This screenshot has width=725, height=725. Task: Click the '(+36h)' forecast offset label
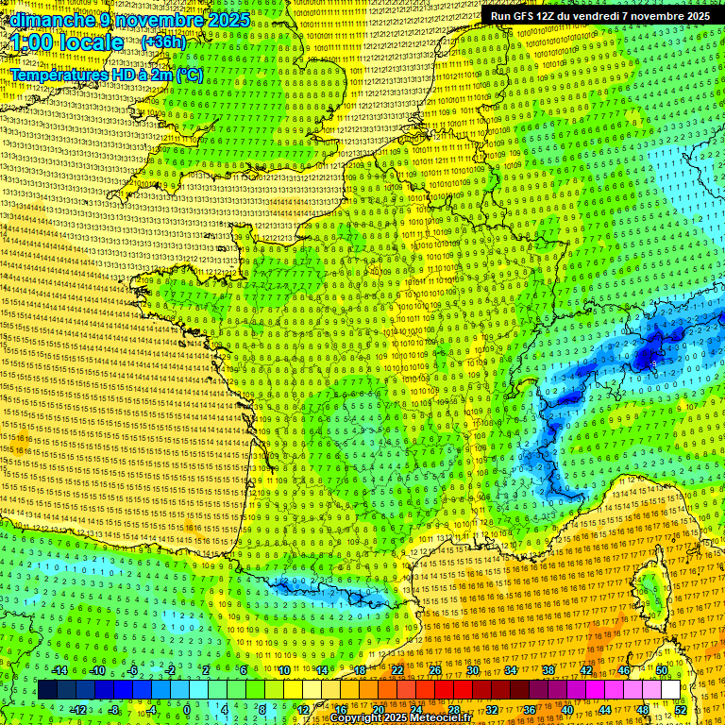point(163,42)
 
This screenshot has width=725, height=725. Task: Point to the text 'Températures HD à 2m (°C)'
point(107,75)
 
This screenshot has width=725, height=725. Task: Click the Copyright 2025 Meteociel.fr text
point(402,717)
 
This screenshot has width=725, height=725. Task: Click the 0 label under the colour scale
point(187,709)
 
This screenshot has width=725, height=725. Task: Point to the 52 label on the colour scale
point(681,709)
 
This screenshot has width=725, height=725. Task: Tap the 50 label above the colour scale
point(662,670)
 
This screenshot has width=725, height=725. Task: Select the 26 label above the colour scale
point(435,670)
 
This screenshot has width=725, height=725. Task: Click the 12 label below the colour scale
point(302,709)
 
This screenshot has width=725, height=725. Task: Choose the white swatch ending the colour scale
point(670,690)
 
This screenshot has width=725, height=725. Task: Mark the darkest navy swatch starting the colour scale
point(47,690)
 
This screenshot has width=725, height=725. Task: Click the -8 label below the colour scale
point(113,709)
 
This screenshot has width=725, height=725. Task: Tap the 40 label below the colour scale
point(567,709)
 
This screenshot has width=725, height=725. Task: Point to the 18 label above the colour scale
point(360,670)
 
